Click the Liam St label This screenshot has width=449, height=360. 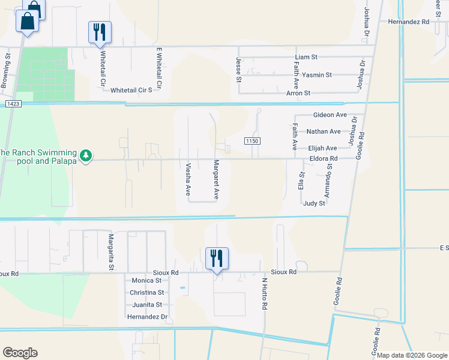306,57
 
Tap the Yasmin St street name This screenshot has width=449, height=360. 317,75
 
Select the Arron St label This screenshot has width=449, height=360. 298,93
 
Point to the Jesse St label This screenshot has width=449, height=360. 238,70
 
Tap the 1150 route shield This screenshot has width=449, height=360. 252,140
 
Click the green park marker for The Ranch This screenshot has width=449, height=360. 86,156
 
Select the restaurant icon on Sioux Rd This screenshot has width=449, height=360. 217,259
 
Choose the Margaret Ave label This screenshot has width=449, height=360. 215,179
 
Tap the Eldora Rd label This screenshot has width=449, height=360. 325,158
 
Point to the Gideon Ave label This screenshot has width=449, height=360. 330,115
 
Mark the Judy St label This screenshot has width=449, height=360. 314,203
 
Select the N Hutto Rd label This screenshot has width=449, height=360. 264,293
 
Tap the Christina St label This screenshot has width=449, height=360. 146,292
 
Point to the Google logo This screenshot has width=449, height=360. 20,353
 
